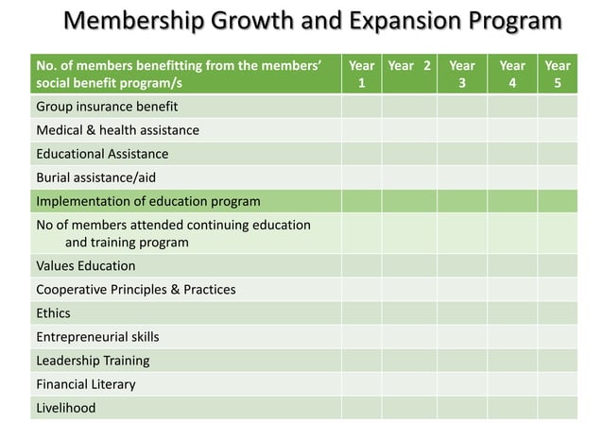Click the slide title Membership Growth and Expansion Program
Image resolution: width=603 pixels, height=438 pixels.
click(x=312, y=21)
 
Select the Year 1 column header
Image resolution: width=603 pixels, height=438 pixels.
click(x=361, y=75)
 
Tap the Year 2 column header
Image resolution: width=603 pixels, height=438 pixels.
click(x=409, y=66)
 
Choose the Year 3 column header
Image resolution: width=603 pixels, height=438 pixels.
click(x=461, y=75)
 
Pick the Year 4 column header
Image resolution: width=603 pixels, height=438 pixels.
click(x=512, y=75)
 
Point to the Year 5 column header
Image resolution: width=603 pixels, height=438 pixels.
click(x=558, y=75)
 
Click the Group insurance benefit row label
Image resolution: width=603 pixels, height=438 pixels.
click(x=107, y=107)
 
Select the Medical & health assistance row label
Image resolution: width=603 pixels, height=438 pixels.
click(x=117, y=130)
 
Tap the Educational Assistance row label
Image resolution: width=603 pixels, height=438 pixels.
click(x=102, y=154)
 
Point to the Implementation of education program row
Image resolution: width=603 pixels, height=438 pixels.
click(x=147, y=201)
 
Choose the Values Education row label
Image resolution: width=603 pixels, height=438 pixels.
click(x=86, y=266)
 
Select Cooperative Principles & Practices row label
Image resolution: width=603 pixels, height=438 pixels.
click(x=136, y=290)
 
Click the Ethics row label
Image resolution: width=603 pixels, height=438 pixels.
click(x=53, y=313)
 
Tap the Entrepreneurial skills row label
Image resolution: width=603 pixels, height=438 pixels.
click(x=97, y=337)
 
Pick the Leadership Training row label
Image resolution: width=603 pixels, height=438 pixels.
click(x=93, y=361)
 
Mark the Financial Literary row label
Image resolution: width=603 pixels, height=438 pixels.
click(x=86, y=384)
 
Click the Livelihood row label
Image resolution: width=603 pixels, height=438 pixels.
click(x=66, y=408)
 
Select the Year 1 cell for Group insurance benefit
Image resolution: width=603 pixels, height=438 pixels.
click(x=361, y=107)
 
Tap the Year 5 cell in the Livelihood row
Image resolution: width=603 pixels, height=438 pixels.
click(x=558, y=408)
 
